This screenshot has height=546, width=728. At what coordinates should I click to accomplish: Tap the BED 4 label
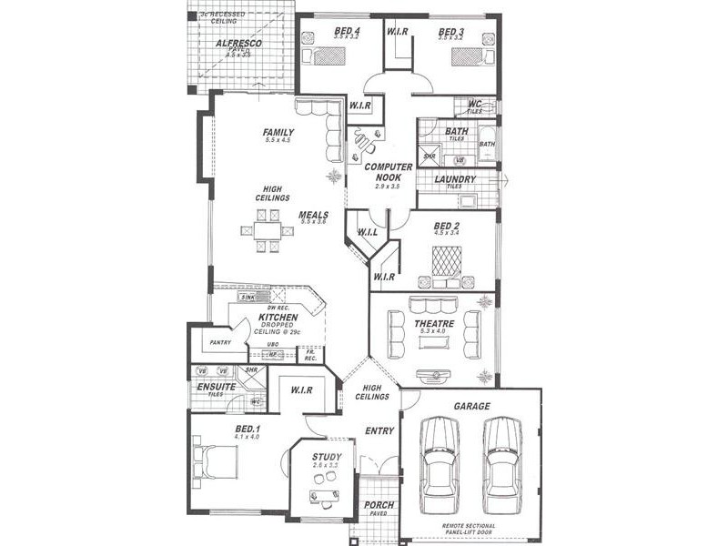tap(347, 31)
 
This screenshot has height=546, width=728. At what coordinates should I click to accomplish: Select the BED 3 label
tap(451, 31)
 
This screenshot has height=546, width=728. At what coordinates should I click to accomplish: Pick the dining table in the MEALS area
tap(268, 231)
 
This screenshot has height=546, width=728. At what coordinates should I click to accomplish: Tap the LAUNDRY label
tap(454, 179)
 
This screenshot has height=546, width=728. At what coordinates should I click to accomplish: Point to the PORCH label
tap(379, 505)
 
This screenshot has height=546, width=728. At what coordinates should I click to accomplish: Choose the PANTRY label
tap(219, 342)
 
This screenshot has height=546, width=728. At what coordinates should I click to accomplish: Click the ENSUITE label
tap(217, 387)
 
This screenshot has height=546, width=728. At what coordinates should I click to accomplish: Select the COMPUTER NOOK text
tap(389, 173)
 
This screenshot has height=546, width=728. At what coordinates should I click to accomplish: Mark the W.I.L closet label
tap(369, 232)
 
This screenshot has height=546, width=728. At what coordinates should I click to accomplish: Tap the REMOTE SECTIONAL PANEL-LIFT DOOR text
tap(471, 529)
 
